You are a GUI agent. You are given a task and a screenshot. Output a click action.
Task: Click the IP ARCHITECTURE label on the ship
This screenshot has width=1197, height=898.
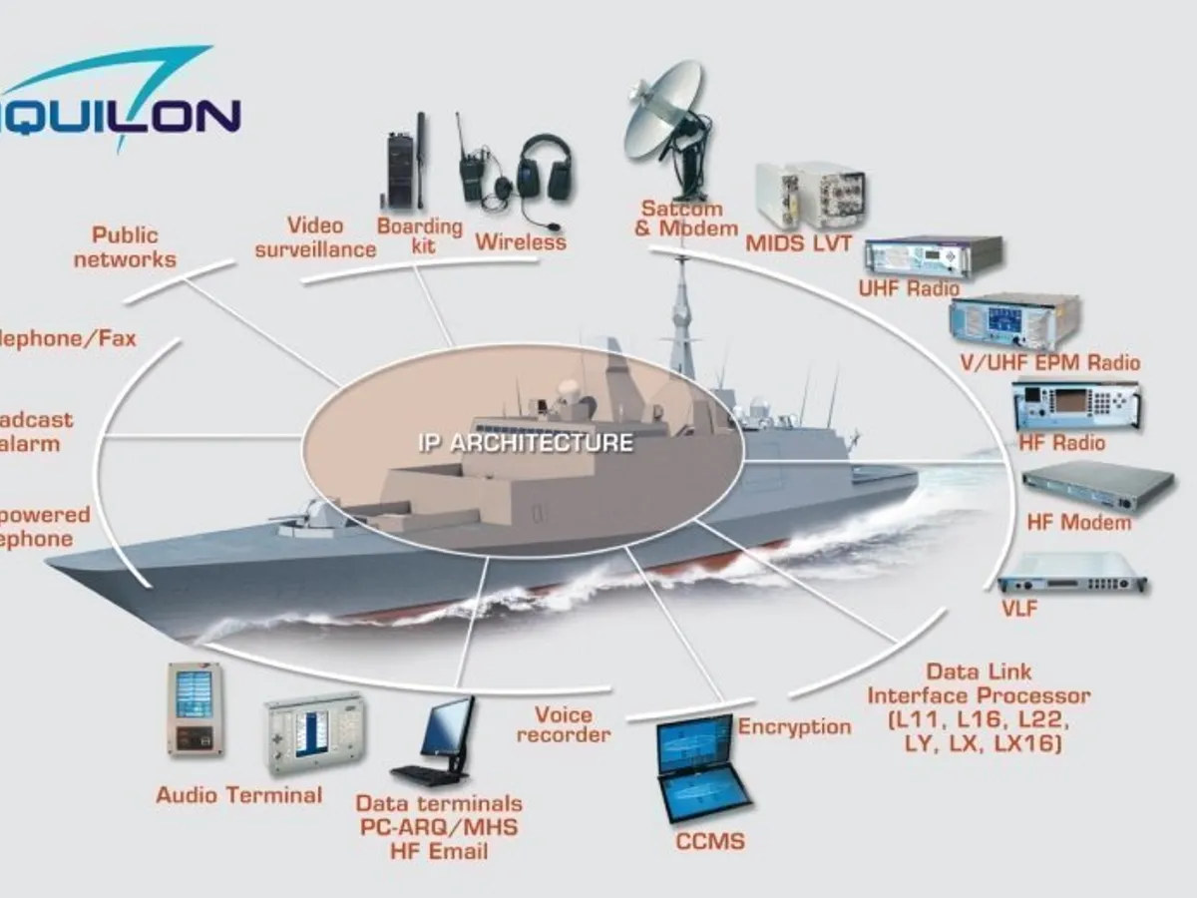point(525,443)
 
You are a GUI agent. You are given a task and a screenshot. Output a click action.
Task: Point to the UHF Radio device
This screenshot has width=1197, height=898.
point(933,256)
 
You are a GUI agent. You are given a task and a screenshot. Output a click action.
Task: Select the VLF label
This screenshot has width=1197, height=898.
point(1018,608)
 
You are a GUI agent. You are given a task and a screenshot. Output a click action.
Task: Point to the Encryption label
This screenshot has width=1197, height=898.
point(794,726)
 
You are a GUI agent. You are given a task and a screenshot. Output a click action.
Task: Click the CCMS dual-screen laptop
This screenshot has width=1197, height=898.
point(703,769)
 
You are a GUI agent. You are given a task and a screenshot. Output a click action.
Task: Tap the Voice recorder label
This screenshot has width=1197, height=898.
point(564,724)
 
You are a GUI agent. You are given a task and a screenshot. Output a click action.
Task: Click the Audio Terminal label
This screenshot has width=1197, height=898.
point(238,795)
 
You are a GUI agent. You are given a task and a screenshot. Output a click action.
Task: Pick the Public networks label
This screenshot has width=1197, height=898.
point(125,247)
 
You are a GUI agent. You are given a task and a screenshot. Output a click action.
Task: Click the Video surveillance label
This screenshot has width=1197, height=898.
point(315,237)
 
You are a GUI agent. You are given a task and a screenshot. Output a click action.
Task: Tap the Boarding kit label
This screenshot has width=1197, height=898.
point(420,235)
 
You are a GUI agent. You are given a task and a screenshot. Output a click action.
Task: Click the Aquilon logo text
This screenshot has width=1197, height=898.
point(120,114)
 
